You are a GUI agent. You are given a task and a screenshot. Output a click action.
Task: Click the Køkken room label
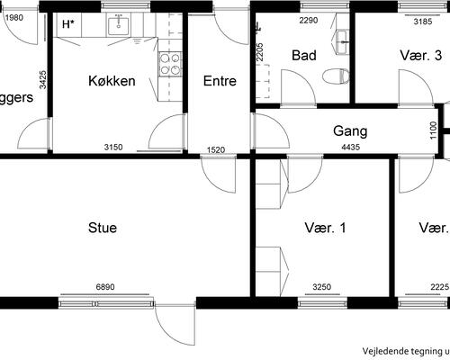point(112,81)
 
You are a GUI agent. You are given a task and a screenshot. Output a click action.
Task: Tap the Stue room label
point(102,228)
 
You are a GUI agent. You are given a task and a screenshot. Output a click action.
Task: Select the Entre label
point(220,81)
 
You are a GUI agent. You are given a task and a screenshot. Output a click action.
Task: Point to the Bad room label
point(304,55)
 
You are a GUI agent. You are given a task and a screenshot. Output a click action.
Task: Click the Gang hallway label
point(350,130)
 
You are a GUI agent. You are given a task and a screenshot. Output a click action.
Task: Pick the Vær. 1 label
point(326,228)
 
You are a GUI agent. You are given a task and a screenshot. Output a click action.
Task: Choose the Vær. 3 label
point(420,55)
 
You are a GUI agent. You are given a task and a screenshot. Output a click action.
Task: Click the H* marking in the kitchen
point(68,24)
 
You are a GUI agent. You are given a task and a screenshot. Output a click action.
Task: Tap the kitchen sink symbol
point(119,26)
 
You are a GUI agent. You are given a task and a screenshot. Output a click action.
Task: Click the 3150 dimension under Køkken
point(113,148)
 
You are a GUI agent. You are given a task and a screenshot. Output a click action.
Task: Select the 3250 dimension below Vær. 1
point(322,287)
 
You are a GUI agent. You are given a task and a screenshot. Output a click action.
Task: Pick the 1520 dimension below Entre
point(216,150)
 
